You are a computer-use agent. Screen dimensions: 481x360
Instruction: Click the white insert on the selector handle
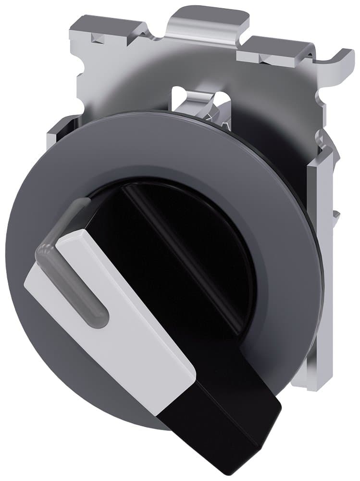click(x=120, y=317)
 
